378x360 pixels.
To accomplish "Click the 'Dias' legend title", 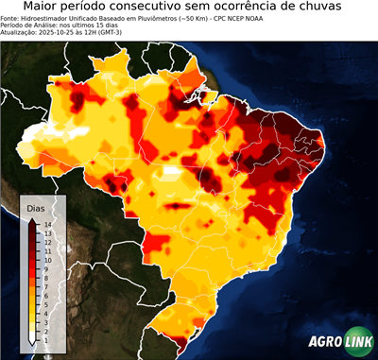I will point(36,207).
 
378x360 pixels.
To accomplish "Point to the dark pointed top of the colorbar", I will point(32,221).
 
